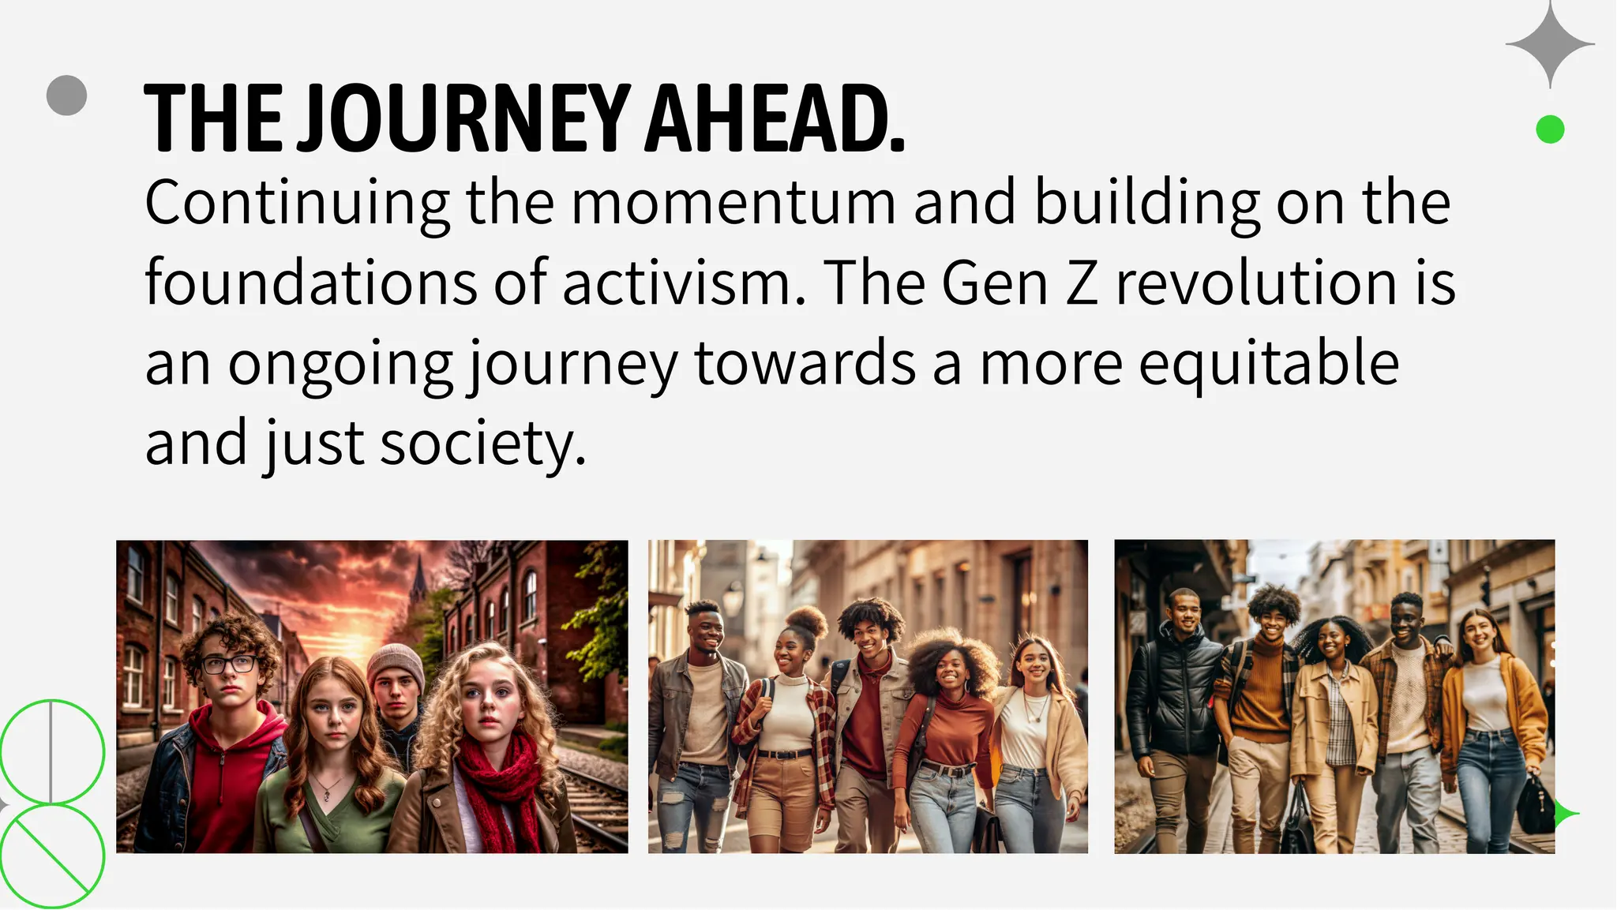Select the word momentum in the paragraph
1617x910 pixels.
[733, 203]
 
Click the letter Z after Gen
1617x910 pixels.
[1082, 283]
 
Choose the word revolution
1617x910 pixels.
[1255, 283]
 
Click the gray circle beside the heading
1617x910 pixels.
[66, 95]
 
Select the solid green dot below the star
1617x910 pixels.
[1550, 129]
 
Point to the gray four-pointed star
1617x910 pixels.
[1550, 44]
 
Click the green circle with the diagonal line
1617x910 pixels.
[52, 856]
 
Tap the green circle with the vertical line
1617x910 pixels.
[52, 751]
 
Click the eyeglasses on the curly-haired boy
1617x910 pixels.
[228, 664]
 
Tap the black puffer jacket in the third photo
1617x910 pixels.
[1169, 695]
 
